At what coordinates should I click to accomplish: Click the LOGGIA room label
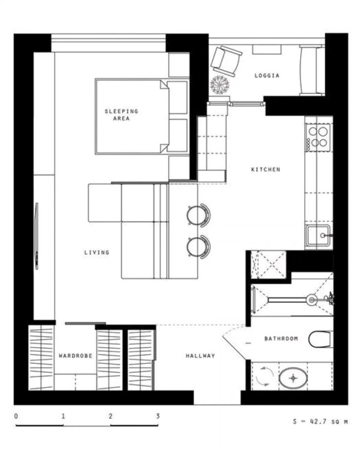pos(267,75)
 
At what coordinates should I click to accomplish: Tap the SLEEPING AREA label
pos(121,114)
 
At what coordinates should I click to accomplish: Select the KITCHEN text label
pos(266,169)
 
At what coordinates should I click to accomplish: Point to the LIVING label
pos(97,252)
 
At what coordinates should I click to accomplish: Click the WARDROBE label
pos(75,356)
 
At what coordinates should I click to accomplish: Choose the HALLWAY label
pos(201,356)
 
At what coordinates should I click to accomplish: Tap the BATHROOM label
pos(281,338)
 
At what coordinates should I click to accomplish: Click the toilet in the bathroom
pos(321,339)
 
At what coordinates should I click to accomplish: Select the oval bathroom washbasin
pos(293,378)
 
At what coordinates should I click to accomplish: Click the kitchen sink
pos(318,236)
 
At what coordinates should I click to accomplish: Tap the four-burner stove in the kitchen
pos(318,137)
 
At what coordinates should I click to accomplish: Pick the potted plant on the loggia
pos(220,85)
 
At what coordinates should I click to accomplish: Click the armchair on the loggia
pos(226,61)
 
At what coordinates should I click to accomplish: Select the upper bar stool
pos(199,215)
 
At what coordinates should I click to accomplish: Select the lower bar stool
pos(199,247)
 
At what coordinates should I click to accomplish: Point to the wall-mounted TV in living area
pos(37,236)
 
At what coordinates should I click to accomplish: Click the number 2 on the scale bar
pos(111,416)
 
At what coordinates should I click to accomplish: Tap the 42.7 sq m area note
pos(320,422)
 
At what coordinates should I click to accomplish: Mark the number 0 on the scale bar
pos(16,416)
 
